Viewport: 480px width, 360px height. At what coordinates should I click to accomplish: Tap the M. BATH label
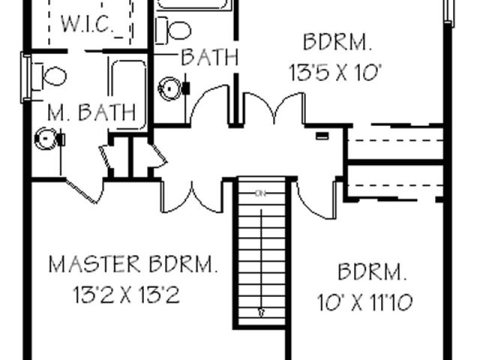91,112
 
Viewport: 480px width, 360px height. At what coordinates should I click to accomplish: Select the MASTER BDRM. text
133,264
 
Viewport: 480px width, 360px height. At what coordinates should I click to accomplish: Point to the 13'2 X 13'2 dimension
127,295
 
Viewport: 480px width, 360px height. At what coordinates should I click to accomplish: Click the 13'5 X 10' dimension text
335,73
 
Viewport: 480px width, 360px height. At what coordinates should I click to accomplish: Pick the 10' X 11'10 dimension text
364,302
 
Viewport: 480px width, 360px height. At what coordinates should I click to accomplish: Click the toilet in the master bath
49,76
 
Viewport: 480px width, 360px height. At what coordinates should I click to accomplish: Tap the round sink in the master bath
46,139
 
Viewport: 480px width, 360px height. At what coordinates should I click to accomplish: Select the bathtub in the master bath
127,95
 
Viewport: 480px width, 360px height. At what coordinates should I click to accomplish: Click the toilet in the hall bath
173,30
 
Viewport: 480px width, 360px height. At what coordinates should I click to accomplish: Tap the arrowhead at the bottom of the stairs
262,313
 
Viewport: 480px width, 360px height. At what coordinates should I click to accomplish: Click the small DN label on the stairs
260,193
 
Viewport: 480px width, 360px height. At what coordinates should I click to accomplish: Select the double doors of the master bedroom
192,196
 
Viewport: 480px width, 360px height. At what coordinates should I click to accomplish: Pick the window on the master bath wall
25,77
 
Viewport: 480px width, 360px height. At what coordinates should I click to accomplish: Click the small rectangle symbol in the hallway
322,136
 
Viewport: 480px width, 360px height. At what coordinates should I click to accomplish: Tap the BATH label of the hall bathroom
210,57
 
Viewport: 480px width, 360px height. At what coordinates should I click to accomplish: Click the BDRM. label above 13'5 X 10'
337,42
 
